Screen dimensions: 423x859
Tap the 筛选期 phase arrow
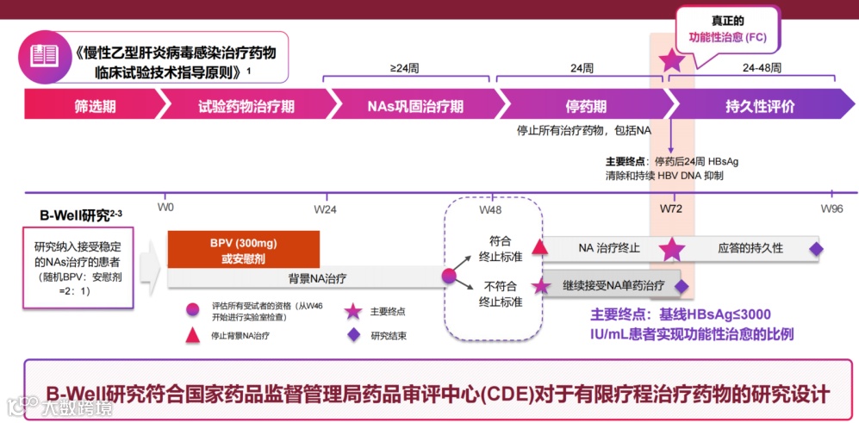point(95,107)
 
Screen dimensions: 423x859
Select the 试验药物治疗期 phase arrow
point(246,107)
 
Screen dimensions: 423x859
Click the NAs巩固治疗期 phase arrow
point(414,107)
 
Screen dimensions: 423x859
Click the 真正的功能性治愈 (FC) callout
point(727,29)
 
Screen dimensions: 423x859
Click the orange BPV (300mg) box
point(244,249)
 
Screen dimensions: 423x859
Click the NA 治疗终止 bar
point(608,248)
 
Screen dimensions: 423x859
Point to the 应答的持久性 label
point(750,248)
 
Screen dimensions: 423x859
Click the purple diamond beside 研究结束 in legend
point(352,335)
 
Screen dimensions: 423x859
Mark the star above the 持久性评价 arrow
point(670,60)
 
